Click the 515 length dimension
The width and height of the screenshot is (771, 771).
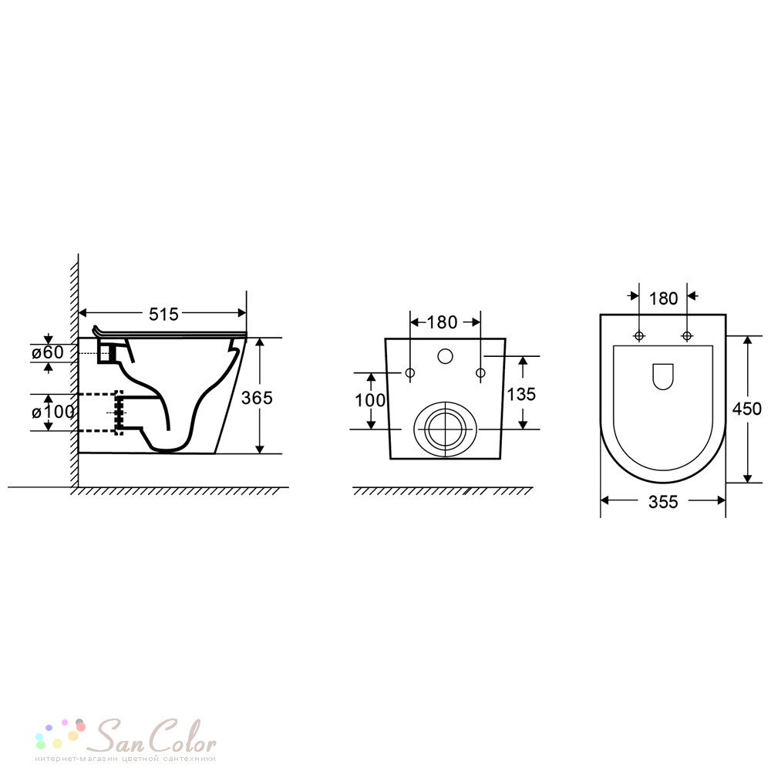(x=163, y=314)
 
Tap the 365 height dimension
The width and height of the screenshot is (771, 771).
(x=257, y=397)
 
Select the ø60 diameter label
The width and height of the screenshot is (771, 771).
(x=48, y=352)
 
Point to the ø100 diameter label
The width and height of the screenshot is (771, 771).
(x=53, y=412)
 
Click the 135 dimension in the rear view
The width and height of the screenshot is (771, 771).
(x=521, y=394)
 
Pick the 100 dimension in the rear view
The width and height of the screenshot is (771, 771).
(x=370, y=400)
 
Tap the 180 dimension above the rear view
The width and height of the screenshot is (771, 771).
(x=442, y=322)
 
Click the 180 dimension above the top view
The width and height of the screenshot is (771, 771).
(x=663, y=298)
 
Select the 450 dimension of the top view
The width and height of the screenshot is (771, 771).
(x=747, y=409)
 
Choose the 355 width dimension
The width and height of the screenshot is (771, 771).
(x=663, y=502)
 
